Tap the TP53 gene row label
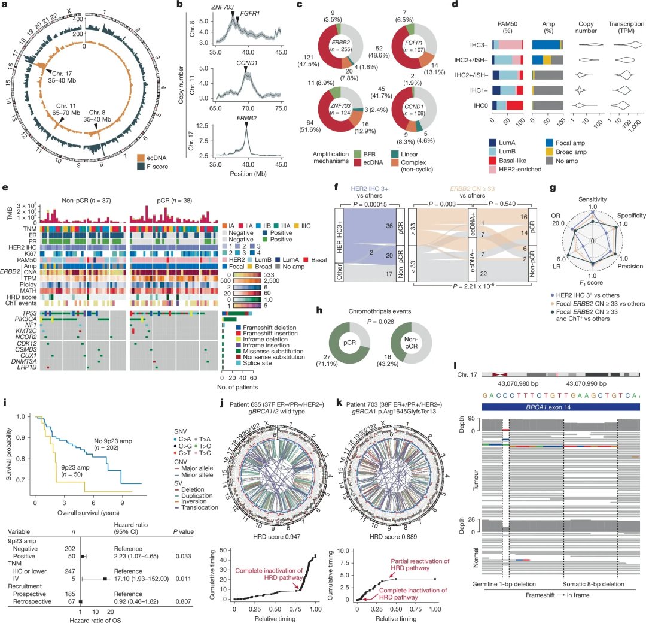click(22, 313)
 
